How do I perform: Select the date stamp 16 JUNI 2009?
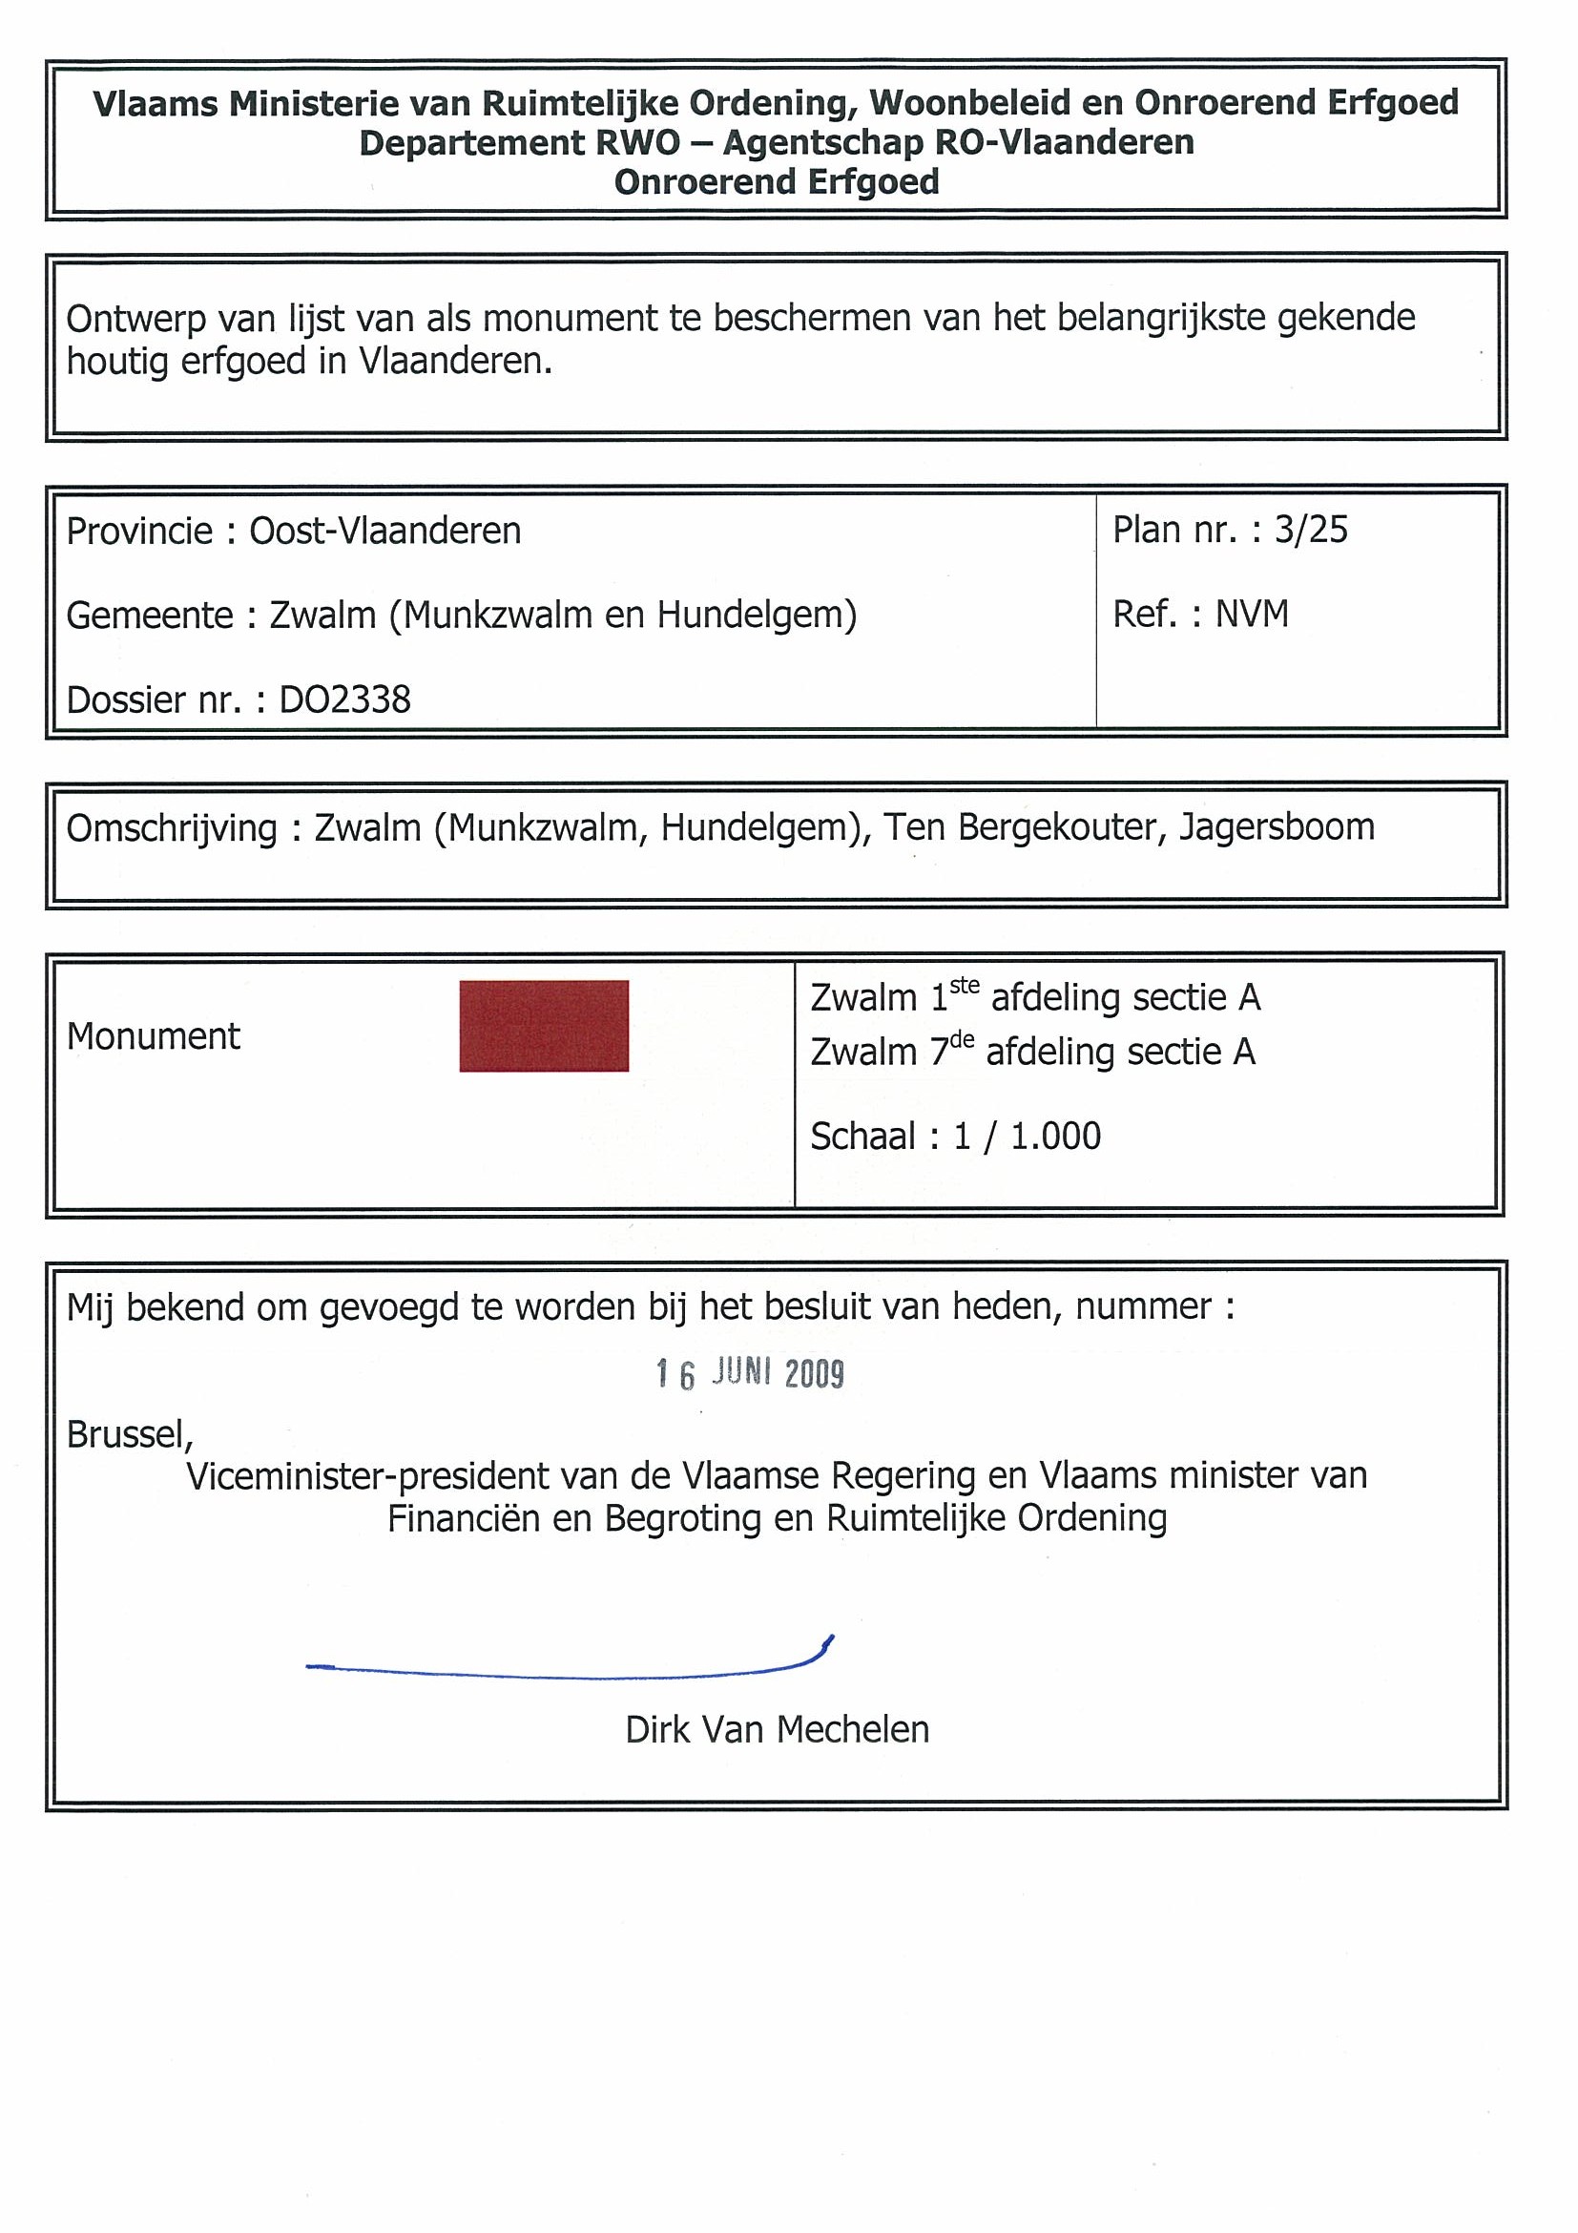[750, 1373]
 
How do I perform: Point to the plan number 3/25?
[1311, 530]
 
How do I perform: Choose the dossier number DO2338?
[345, 700]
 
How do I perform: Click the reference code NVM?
[1253, 615]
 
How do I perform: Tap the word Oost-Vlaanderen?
[385, 531]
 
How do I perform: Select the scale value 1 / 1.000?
[1027, 1136]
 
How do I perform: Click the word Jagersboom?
[1277, 827]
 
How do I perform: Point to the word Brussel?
[129, 1434]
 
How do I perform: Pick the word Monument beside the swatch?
[153, 1036]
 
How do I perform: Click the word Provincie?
[139, 531]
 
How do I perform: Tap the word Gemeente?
[149, 616]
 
